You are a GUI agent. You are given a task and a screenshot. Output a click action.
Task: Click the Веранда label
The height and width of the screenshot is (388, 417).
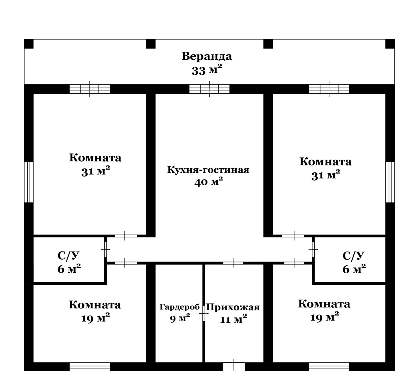tap(207, 56)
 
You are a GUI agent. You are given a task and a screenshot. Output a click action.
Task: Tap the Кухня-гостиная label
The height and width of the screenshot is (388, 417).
tap(208, 170)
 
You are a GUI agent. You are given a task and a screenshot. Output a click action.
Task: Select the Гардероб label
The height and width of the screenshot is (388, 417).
tap(180, 307)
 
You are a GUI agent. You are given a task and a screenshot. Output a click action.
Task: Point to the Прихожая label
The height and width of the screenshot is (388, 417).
tap(233, 307)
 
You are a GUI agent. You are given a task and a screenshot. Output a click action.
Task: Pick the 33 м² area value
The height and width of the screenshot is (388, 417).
tap(207, 70)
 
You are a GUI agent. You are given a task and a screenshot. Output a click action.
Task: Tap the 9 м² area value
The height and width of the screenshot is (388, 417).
tap(180, 318)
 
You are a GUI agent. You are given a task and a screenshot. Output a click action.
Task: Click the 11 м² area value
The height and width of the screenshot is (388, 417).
tap(233, 319)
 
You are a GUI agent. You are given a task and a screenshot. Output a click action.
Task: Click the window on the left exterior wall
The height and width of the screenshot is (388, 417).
tap(29, 182)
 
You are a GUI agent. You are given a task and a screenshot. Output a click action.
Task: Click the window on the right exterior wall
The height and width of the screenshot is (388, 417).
tap(390, 182)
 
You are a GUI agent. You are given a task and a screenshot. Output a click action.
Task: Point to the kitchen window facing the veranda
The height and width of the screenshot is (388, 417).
tap(209, 89)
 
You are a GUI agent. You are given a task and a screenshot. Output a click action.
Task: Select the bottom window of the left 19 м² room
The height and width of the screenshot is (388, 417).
tap(90, 366)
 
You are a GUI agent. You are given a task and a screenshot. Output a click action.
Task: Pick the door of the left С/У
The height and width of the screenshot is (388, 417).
tap(106, 249)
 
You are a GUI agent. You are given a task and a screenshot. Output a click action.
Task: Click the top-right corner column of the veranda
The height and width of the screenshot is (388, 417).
tap(390, 44)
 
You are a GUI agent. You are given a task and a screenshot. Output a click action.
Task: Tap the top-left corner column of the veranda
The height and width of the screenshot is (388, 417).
tap(29, 44)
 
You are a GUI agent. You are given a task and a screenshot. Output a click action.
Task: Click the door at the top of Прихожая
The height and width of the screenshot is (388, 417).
tap(233, 263)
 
